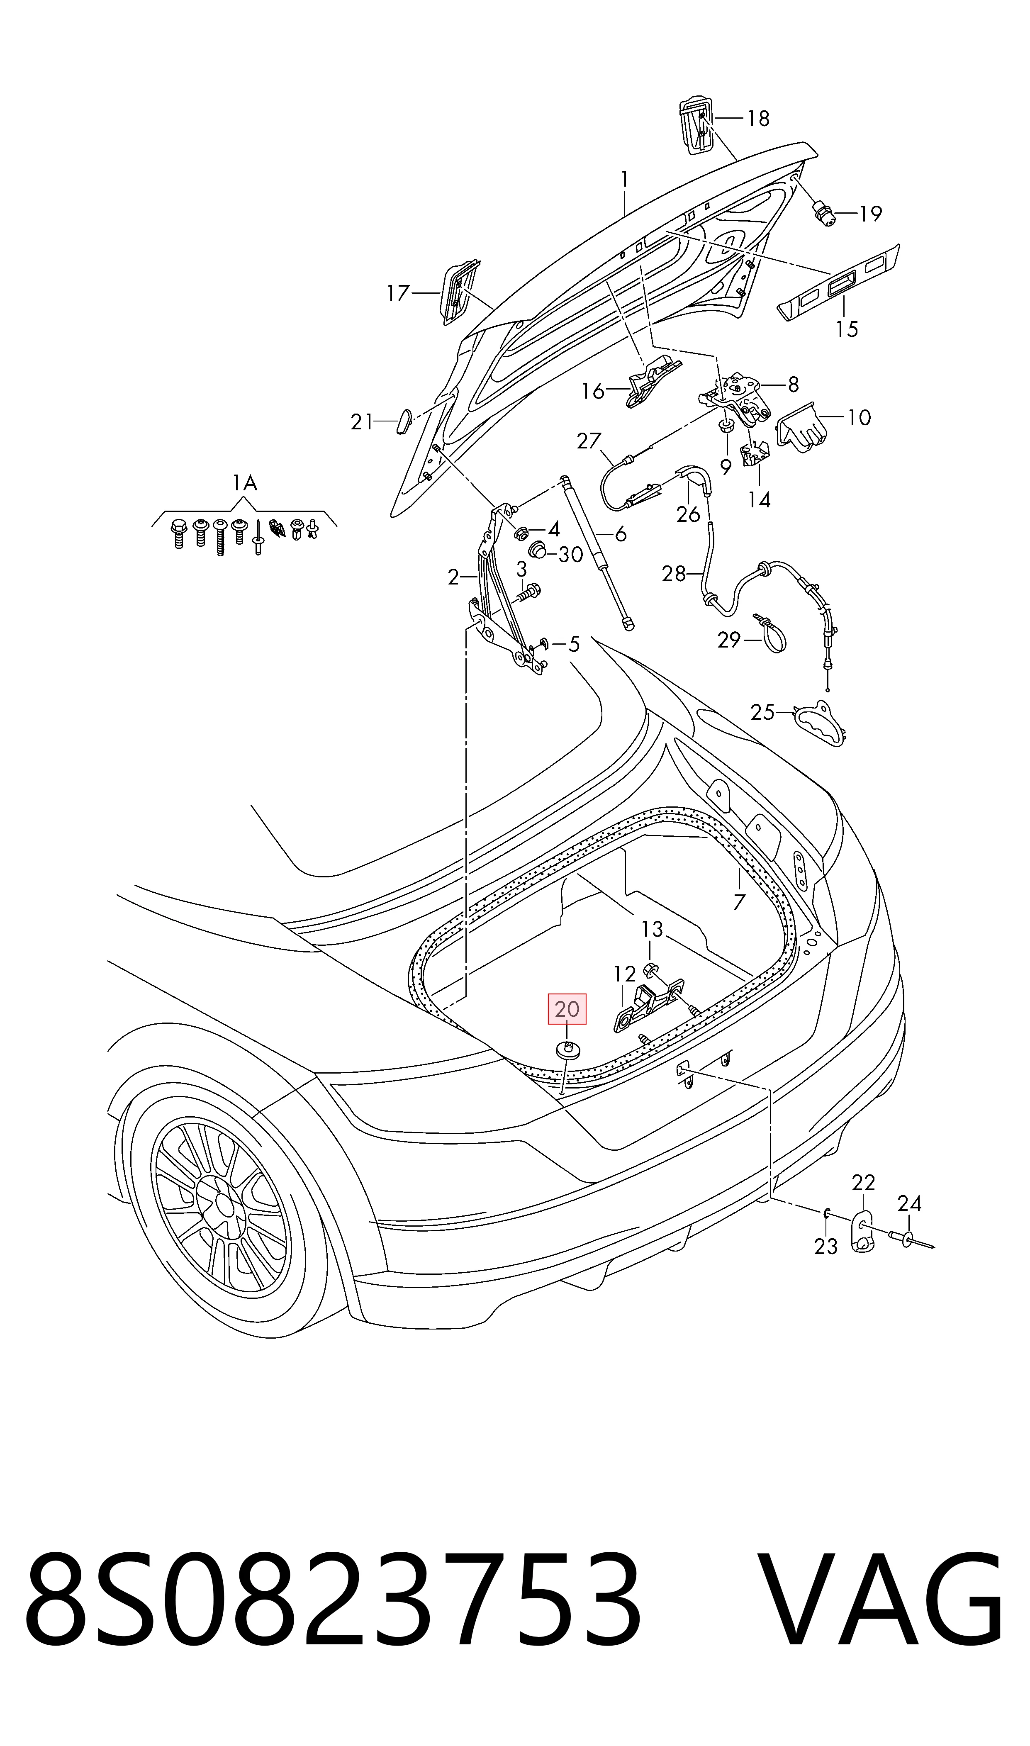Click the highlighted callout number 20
click(567, 1009)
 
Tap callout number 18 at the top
click(759, 119)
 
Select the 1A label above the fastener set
click(244, 483)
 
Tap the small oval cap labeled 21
click(403, 421)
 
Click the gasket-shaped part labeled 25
click(819, 724)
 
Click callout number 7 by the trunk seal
click(739, 901)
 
